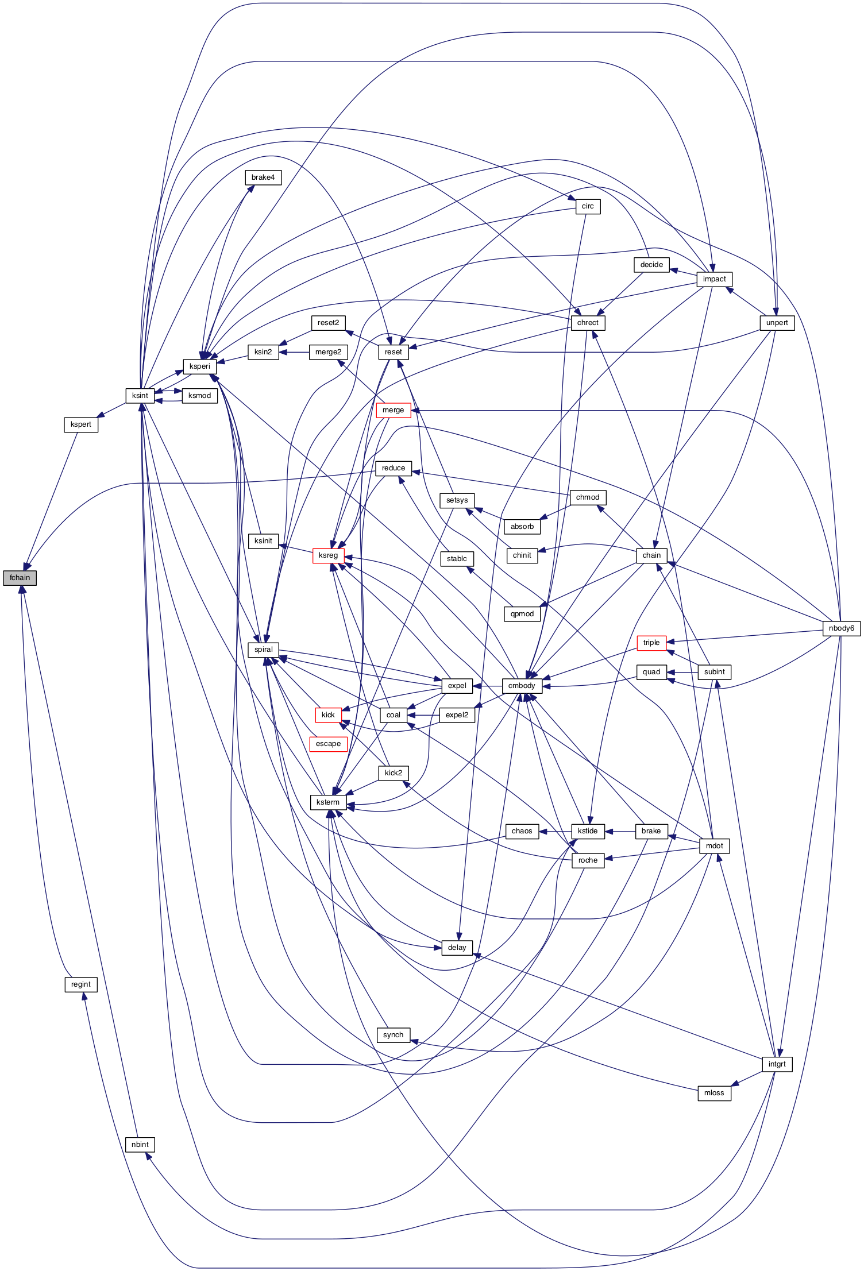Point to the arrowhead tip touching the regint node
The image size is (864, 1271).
(84, 992)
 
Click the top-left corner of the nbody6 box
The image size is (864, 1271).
(823, 621)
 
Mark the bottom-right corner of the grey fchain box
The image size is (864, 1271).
(36, 585)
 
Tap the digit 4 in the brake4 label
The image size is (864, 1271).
(273, 177)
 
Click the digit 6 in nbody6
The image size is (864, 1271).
(853, 628)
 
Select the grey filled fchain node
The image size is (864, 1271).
(20, 578)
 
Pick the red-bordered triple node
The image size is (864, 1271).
(651, 643)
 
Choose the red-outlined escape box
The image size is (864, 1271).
(328, 744)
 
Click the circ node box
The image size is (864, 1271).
(588, 206)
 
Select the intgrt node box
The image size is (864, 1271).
(777, 1064)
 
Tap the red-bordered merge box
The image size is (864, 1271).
(394, 410)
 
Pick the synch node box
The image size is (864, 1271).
(394, 1035)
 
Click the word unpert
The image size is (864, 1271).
(777, 323)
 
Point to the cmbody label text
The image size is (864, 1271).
(522, 686)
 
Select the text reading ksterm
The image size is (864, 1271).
(328, 802)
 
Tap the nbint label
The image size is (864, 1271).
(140, 1145)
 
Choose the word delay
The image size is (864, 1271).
(457, 948)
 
